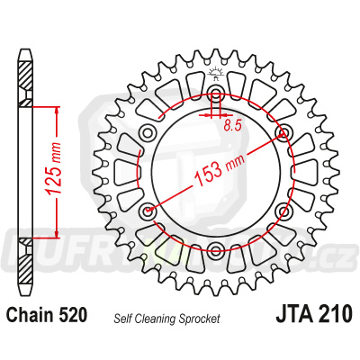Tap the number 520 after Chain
pos(72,316)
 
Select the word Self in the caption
pos(124,318)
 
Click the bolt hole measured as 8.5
pos(217,96)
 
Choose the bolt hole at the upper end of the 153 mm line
pos(285,134)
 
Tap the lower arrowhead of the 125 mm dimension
pos(57,235)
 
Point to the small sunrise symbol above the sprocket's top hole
pos(217,72)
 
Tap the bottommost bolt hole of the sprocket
pos(217,252)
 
